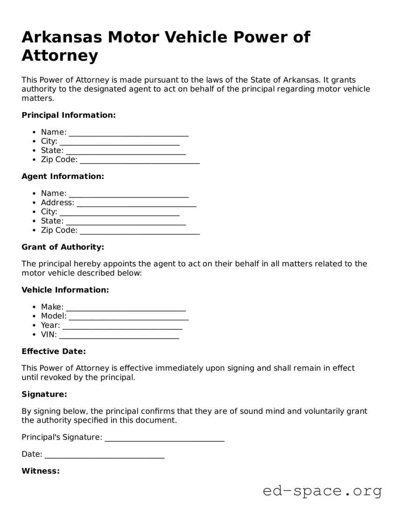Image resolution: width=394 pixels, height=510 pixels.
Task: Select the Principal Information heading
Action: tap(69, 115)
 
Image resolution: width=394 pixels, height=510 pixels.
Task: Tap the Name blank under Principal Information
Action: tap(128, 133)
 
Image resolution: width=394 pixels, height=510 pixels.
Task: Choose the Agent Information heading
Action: tap(63, 177)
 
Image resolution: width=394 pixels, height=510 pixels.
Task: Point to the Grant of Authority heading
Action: tap(63, 247)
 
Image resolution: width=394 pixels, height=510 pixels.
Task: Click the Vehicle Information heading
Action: tap(65, 290)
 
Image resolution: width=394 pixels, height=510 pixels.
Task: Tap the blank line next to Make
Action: tap(126, 307)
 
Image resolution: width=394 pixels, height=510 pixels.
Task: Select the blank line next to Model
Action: tap(128, 317)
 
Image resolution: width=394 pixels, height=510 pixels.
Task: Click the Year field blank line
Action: tap(122, 326)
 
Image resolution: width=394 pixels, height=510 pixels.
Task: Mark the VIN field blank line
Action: tap(119, 335)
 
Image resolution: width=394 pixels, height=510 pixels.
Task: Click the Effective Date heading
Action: tap(54, 352)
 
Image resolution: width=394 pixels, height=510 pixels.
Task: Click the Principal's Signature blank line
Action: tap(164, 438)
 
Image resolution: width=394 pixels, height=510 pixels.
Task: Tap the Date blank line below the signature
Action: tap(105, 454)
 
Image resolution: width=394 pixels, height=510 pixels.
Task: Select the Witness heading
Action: tap(41, 471)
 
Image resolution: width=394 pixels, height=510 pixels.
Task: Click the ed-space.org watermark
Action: tap(322, 491)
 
